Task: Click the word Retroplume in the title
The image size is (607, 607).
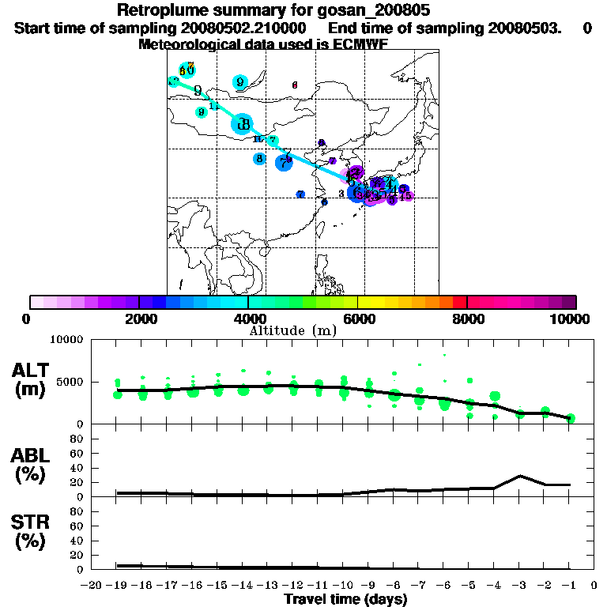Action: (x=162, y=10)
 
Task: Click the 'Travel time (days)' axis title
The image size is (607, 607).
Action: (x=345, y=600)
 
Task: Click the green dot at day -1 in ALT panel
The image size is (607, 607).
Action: (x=570, y=418)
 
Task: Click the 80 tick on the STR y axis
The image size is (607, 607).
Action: (x=78, y=511)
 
